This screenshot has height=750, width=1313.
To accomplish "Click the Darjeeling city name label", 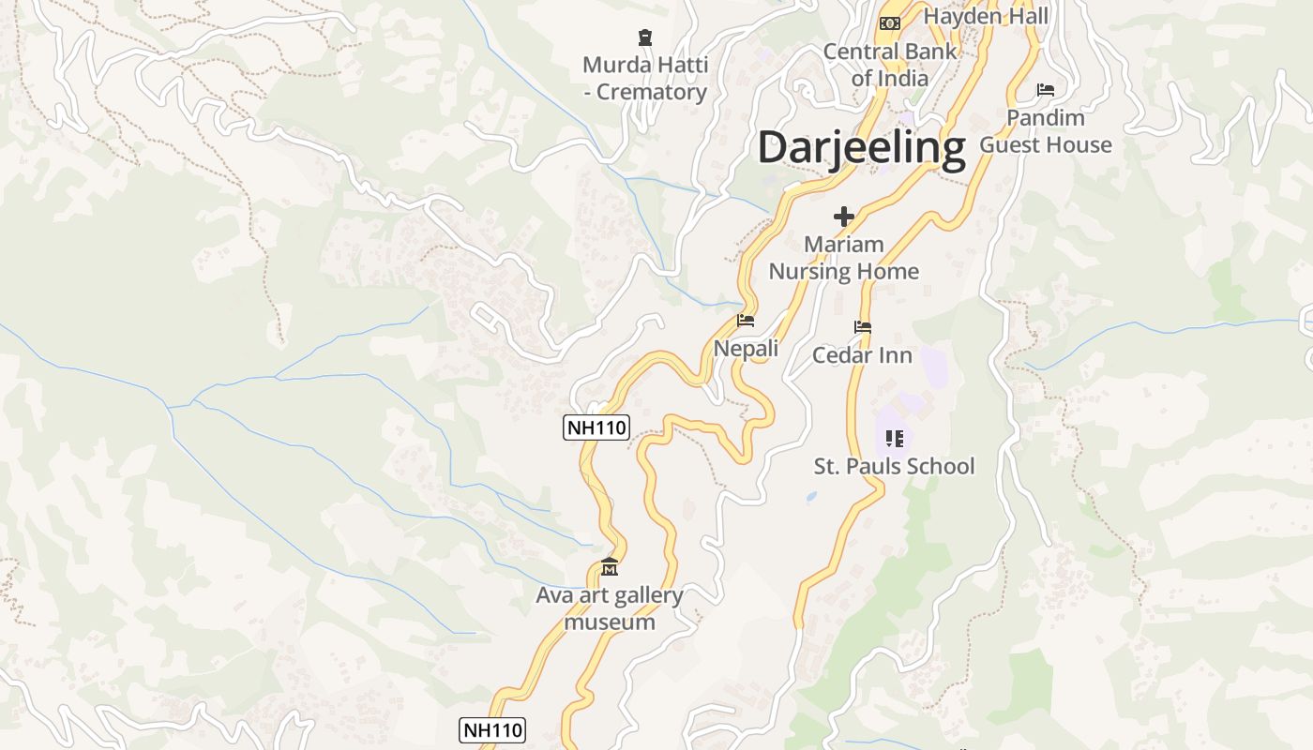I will pyautogui.click(x=861, y=148).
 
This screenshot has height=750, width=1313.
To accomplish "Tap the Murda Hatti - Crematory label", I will pyautogui.click(x=644, y=79).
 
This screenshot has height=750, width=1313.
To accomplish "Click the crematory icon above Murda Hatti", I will pyautogui.click(x=644, y=38).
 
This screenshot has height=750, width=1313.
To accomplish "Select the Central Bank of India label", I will pyautogui.click(x=889, y=65).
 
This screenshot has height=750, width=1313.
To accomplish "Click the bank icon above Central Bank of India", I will pyautogui.click(x=890, y=22).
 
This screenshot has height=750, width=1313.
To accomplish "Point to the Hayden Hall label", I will pyautogui.click(x=986, y=16).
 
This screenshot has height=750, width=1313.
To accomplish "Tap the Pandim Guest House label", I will pyautogui.click(x=1046, y=131).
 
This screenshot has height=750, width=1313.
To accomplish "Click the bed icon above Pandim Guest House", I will pyautogui.click(x=1046, y=90).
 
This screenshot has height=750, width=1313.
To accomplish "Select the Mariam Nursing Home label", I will pyautogui.click(x=844, y=258).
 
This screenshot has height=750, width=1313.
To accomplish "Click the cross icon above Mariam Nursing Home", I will pyautogui.click(x=844, y=217).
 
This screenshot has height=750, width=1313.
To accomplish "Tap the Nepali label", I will pyautogui.click(x=746, y=349).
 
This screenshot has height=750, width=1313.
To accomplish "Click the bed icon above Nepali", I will pyautogui.click(x=746, y=321).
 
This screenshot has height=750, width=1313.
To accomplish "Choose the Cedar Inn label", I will pyautogui.click(x=862, y=355).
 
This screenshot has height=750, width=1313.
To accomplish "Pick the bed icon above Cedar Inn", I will pyautogui.click(x=863, y=327).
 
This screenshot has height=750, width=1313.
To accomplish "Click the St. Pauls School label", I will pyautogui.click(x=894, y=466).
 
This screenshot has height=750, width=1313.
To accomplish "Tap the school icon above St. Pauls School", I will pyautogui.click(x=894, y=438).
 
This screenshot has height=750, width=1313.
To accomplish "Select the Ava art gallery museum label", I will pyautogui.click(x=610, y=608).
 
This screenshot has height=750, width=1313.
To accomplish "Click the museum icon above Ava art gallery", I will pyautogui.click(x=610, y=567).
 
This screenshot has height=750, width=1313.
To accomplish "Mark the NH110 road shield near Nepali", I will pyautogui.click(x=596, y=428).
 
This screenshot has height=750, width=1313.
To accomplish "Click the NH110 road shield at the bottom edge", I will pyautogui.click(x=492, y=730).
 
